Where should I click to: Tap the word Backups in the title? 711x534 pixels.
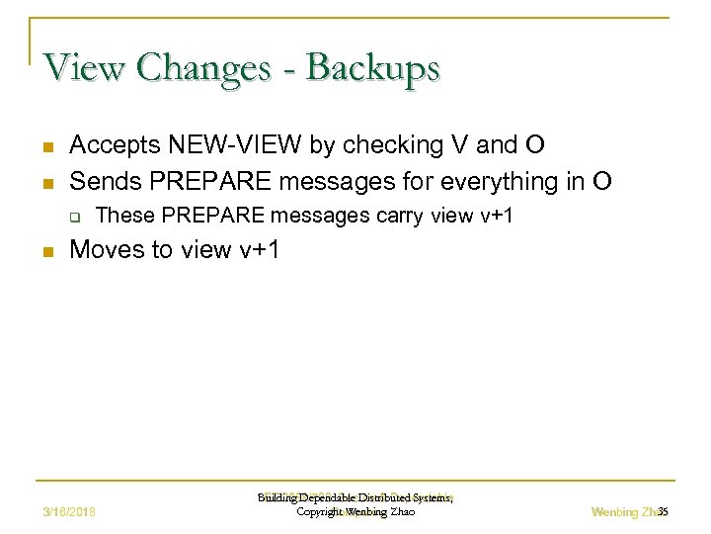point(373,68)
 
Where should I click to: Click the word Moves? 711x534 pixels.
point(106,250)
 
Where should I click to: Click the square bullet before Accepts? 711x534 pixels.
point(46,147)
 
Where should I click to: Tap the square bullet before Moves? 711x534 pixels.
point(46,252)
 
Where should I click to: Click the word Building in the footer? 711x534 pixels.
point(276,498)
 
